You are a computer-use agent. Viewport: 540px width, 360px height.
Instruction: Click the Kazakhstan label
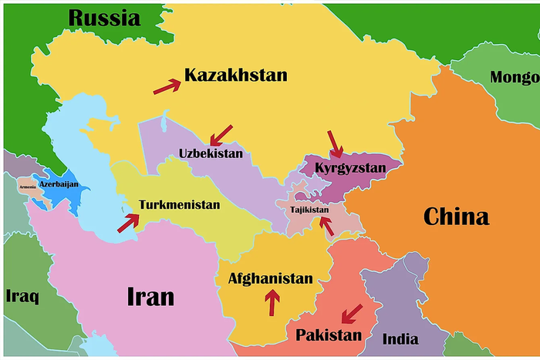(235, 76)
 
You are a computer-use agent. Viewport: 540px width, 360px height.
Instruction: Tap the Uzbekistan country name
(211, 153)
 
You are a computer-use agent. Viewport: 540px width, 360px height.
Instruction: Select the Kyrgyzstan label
(354, 167)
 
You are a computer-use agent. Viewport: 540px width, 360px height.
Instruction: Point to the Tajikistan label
(309, 210)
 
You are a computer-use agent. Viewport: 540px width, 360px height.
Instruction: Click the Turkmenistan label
(179, 205)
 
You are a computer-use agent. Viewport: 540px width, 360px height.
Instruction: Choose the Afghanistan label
(270, 279)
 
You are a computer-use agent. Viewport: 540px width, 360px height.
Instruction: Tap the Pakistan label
(328, 335)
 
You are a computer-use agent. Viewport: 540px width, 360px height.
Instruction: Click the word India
(400, 338)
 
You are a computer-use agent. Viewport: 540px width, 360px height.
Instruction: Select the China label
(456, 217)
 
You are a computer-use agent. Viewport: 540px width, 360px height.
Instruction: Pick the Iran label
(150, 296)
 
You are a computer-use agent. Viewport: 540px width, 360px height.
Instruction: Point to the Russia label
(104, 17)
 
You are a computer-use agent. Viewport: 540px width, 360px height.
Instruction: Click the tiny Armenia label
(27, 186)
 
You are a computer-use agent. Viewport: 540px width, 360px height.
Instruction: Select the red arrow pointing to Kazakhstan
(167, 86)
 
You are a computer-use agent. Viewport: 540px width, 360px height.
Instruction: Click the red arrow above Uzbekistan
(221, 135)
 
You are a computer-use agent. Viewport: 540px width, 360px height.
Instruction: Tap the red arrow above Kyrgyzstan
(335, 143)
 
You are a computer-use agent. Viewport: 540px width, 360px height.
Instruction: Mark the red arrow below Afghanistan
(271, 302)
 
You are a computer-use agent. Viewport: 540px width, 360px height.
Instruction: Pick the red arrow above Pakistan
(352, 314)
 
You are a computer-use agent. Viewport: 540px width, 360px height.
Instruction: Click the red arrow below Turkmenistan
(128, 223)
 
